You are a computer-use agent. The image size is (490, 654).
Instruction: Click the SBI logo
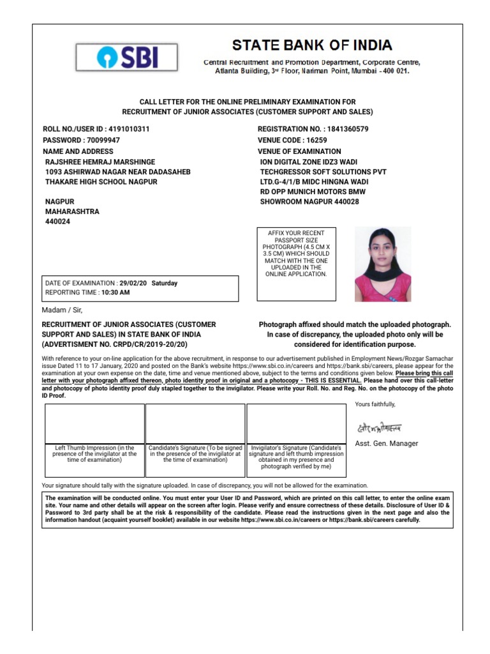tap(126, 57)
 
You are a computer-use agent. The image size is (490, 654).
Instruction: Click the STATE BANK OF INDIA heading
tap(312, 45)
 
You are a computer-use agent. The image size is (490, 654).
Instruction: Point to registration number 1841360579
tap(346, 129)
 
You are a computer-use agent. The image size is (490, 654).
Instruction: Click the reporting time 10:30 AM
tap(115, 293)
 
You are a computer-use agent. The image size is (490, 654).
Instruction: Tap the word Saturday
tap(165, 283)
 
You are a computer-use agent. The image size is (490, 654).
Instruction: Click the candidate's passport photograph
tap(382, 264)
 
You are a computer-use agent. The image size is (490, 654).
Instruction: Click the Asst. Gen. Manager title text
tap(386, 443)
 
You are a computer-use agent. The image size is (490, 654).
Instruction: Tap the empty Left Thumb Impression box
tap(94, 423)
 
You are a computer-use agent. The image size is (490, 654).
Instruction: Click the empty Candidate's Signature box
tap(195, 423)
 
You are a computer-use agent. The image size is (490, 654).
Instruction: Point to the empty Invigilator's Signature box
tap(296, 423)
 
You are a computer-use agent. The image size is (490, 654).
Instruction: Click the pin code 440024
tap(57, 222)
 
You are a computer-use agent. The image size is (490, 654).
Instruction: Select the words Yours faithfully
tap(375, 404)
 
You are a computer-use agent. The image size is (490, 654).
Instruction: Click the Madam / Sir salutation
tap(62, 310)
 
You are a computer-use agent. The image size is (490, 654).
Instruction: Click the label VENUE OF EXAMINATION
tap(299, 151)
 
